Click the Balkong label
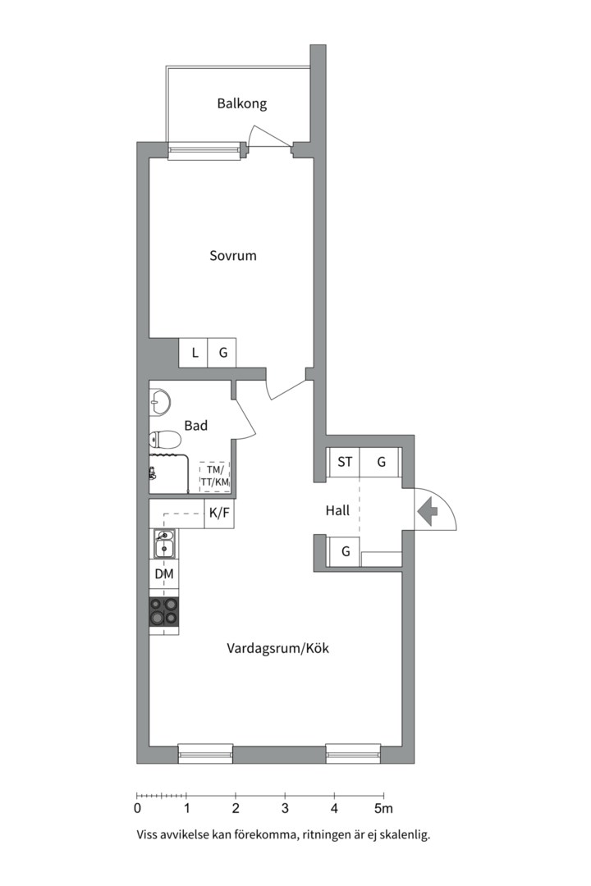tap(241, 104)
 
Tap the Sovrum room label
tap(233, 255)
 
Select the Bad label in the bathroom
tap(195, 426)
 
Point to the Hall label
tap(337, 511)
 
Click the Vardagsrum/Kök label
tap(277, 648)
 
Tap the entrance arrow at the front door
tap(428, 511)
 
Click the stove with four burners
tap(164, 611)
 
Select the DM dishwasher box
tap(164, 574)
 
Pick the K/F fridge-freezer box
tap(219, 514)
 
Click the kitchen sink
tap(164, 544)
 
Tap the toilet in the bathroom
tap(164, 439)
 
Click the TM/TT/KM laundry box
tap(215, 476)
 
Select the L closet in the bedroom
tap(194, 353)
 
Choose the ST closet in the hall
tap(345, 462)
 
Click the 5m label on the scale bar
tap(383, 809)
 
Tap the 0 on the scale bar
tap(137, 809)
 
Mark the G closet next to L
tap(222, 353)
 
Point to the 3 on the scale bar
tap(285, 809)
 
